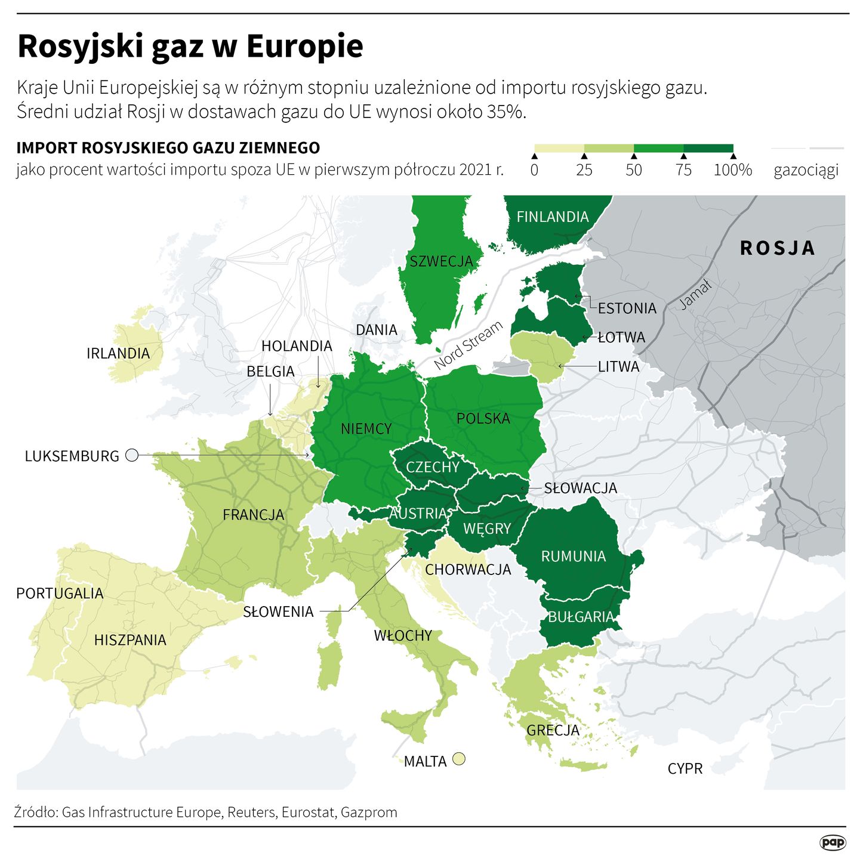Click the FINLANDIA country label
coord(552,217)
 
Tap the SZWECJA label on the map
coord(441,261)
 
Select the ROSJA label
coord(777,248)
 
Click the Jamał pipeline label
coord(696,295)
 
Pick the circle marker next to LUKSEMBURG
coord(132,455)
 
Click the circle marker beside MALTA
coord(458,759)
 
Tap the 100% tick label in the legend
coord(732,170)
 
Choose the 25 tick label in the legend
coord(584,170)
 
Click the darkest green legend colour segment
coord(708,148)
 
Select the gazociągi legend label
coord(806,171)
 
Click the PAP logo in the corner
coord(832,842)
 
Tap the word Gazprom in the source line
coord(369,812)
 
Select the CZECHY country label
coord(433,466)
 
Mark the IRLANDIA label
coord(118,353)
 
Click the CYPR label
coord(685,768)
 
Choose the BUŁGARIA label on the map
coord(581,616)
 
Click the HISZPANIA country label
coord(130,640)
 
